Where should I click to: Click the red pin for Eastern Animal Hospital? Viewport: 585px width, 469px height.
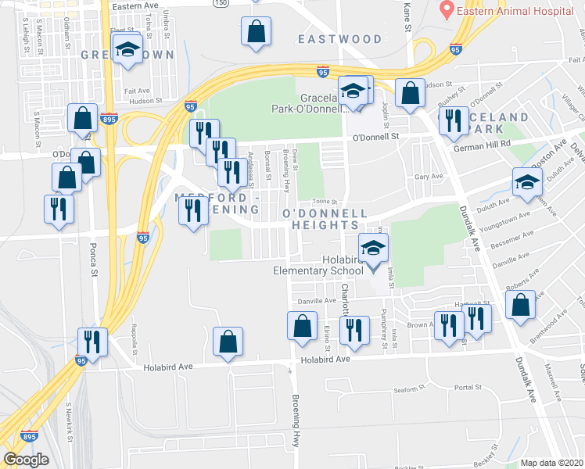[447, 10]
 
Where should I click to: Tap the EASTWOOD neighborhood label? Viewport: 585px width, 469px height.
[339, 39]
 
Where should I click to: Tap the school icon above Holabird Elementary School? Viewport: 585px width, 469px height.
[374, 249]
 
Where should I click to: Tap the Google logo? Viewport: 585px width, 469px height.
[26, 459]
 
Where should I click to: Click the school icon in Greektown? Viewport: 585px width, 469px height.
[127, 51]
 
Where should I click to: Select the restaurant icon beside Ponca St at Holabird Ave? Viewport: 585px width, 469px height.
[92, 342]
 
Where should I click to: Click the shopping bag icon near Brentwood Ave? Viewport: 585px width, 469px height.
[520, 304]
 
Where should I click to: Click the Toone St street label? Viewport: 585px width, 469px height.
[313, 202]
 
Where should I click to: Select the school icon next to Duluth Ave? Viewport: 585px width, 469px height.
[527, 183]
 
